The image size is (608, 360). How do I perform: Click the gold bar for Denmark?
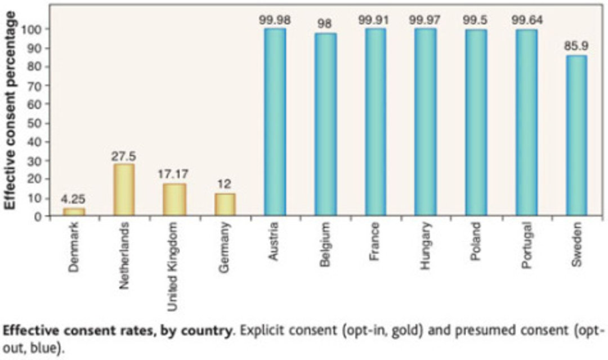click(x=73, y=211)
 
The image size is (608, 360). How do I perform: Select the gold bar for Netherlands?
click(x=124, y=190)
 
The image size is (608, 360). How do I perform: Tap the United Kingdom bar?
click(x=175, y=200)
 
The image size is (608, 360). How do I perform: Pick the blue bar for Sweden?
click(x=575, y=135)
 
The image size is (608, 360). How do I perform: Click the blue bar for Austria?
click(x=275, y=121)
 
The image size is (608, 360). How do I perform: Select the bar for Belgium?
click(x=325, y=124)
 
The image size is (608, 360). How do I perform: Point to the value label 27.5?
click(x=124, y=155)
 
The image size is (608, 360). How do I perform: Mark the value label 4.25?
click(x=73, y=200)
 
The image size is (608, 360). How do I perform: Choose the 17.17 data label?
click(x=175, y=174)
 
